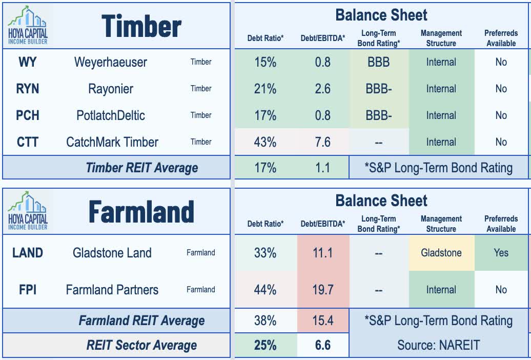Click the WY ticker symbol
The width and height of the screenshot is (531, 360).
point(28,62)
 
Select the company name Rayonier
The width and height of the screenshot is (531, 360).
point(110,89)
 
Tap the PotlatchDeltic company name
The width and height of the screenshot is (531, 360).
point(110,115)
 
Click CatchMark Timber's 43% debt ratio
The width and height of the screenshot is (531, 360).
point(265,142)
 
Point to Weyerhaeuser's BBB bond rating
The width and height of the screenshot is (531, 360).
point(378,62)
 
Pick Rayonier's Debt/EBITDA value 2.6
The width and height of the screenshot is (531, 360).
point(322,89)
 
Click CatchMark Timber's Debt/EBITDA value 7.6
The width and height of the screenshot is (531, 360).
point(322,142)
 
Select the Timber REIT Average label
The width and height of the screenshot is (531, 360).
point(141,168)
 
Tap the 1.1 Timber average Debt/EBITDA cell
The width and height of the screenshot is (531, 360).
point(322,168)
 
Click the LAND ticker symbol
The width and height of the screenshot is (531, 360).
point(28,252)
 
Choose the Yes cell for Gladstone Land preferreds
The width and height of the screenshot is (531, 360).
point(501,252)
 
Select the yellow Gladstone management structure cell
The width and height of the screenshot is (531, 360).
point(441,252)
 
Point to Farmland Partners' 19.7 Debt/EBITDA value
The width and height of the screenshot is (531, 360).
point(322,290)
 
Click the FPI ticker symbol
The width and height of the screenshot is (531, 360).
point(28,290)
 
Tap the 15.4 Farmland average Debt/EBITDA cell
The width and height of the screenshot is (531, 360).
point(322,321)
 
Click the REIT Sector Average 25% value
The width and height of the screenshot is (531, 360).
point(265,345)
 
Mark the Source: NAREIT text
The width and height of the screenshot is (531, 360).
point(439,345)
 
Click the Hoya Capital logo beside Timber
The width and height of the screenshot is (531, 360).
point(28,24)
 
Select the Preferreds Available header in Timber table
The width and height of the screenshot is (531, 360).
point(501,38)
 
